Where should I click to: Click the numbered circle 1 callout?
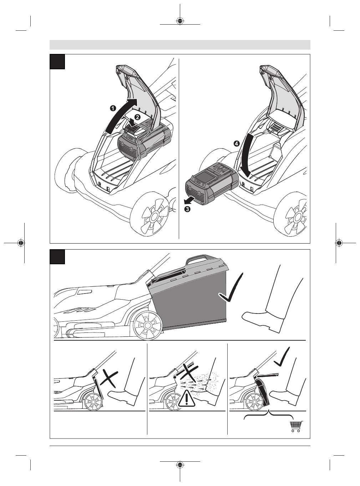113,108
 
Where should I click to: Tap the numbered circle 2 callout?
137,117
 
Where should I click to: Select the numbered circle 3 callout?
187,209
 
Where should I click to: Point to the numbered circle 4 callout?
237,144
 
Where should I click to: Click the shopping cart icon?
296,426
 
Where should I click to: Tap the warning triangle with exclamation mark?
186,399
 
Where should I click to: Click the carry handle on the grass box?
197,258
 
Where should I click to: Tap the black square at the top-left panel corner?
57,61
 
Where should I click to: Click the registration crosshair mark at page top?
180,21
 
